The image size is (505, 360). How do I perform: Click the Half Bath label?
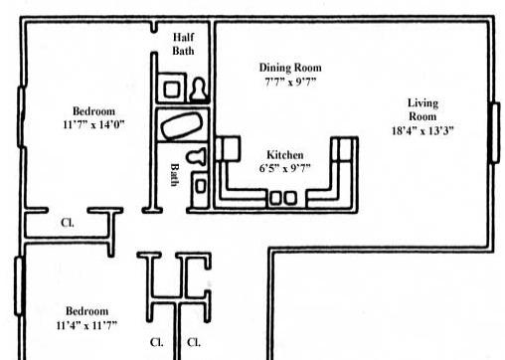(x=183, y=43)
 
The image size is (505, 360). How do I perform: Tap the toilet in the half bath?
(x=198, y=90)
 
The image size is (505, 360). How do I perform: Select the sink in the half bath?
(x=171, y=90)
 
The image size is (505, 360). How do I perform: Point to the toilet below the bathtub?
(x=199, y=157)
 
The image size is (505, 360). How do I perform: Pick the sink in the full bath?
(x=199, y=184)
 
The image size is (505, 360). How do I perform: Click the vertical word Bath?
(x=175, y=176)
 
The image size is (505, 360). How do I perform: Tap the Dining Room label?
(x=290, y=68)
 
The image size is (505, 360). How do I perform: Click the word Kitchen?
(x=284, y=155)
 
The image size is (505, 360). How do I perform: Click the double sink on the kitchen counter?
(x=282, y=197)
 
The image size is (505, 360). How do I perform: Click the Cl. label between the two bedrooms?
(x=67, y=223)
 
